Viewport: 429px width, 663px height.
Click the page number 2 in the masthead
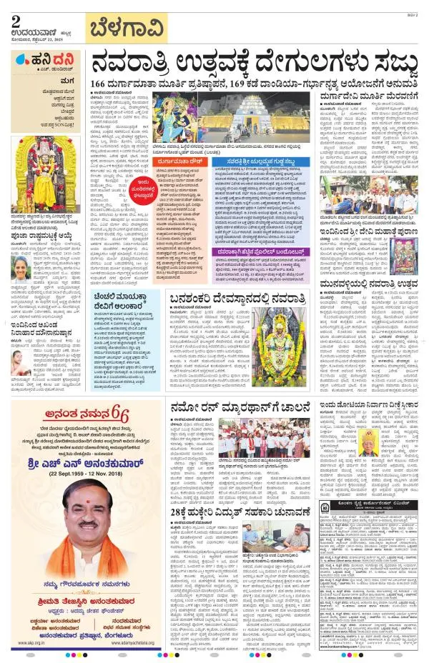(x=15, y=21)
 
